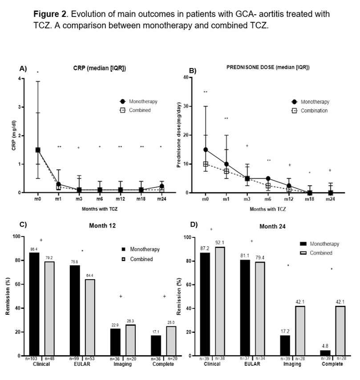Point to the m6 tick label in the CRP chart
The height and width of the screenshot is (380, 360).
[x=100, y=199]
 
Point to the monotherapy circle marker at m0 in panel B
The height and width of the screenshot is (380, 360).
[x=206, y=150]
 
